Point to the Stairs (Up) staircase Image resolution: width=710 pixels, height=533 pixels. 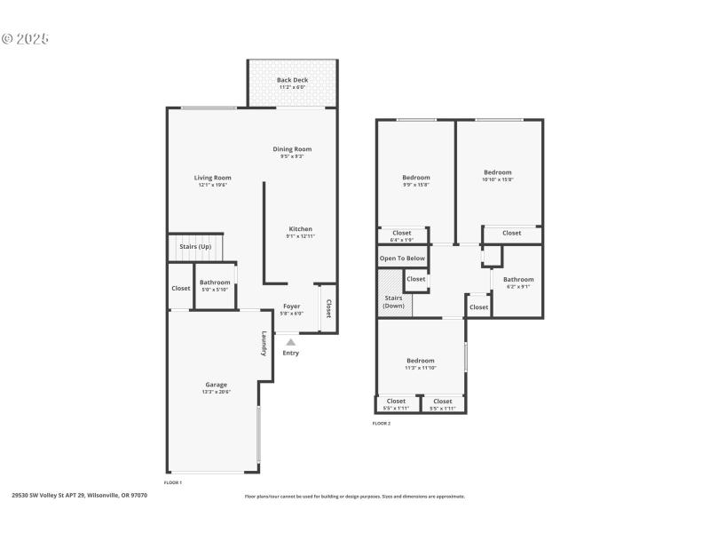195,248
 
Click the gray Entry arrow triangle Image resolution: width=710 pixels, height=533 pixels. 290,341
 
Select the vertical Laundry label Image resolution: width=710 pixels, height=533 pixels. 264,345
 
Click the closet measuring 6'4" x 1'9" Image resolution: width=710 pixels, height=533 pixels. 402,235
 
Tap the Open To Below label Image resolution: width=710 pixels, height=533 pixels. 402,259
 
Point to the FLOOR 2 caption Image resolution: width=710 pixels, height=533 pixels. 381,424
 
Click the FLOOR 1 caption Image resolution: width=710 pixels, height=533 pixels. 173,481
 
